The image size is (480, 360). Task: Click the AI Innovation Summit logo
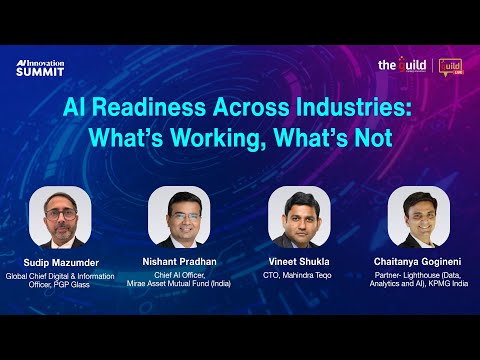[40, 67]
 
